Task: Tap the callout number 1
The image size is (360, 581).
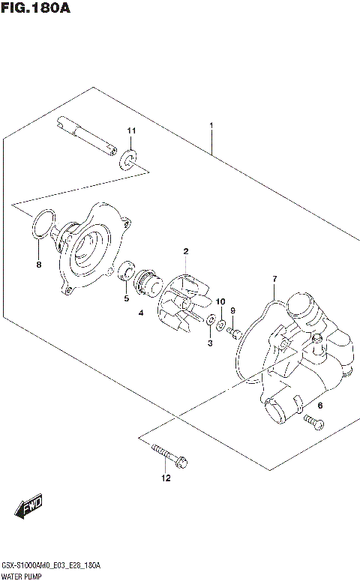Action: (212, 125)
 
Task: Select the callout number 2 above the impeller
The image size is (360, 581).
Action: (184, 252)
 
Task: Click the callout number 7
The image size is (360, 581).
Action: (274, 279)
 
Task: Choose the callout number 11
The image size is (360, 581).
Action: (131, 132)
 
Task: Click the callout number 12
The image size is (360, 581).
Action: (166, 478)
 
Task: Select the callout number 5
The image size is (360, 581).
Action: (127, 299)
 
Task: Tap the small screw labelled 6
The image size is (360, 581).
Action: (313, 423)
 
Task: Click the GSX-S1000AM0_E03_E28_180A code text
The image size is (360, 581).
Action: (51, 564)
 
